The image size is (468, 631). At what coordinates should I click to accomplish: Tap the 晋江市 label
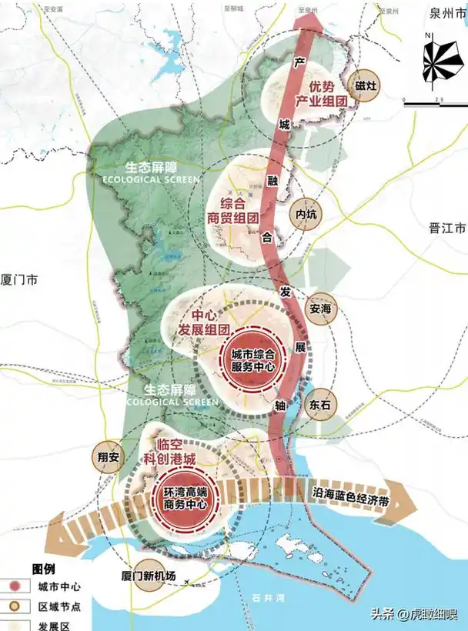coord(447,229)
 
